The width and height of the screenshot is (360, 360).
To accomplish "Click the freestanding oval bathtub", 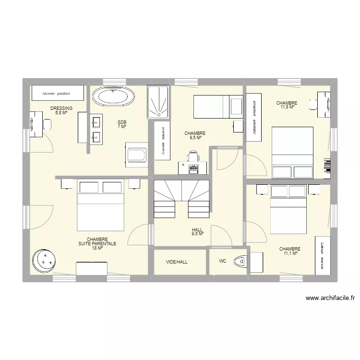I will [x=113, y=97].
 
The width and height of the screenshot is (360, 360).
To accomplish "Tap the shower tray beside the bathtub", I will [x=158, y=102].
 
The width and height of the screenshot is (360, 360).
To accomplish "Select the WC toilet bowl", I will [x=240, y=262].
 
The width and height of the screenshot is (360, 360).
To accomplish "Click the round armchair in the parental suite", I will [x=44, y=261].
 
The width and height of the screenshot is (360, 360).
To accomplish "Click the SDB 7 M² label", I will [x=122, y=124].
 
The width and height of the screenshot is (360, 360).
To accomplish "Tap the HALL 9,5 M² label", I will [x=198, y=232].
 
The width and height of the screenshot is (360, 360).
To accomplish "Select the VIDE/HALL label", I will [x=177, y=262].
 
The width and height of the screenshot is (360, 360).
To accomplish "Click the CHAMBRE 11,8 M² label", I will [x=287, y=105].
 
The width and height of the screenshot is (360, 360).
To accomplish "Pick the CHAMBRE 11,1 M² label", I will [x=290, y=251].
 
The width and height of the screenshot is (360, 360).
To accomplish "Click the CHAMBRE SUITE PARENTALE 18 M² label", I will [x=97, y=243].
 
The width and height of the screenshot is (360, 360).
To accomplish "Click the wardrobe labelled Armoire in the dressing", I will [x=58, y=93].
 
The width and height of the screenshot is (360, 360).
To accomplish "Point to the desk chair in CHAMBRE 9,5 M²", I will [x=193, y=156].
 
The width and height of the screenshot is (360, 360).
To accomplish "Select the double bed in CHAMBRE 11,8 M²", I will [x=292, y=152].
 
